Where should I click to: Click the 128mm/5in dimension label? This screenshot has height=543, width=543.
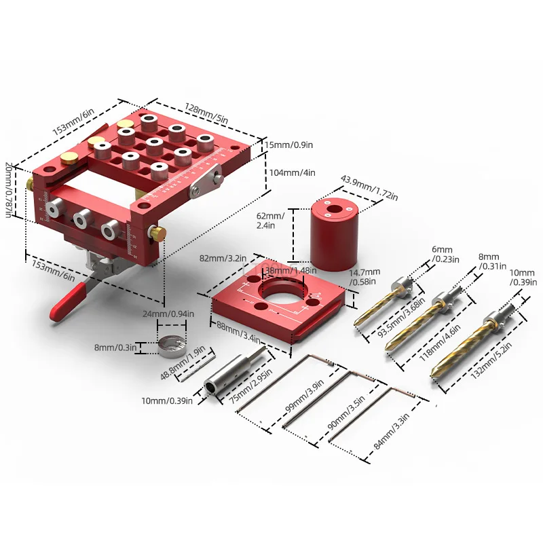206,113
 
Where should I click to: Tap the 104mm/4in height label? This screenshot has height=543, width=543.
293,172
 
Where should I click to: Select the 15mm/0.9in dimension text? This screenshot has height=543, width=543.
289,145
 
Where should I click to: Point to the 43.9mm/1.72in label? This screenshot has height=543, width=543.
369,188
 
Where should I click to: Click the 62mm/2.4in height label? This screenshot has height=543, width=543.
270,221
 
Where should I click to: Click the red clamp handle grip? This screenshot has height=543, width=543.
68,302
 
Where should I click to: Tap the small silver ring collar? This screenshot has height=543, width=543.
172,345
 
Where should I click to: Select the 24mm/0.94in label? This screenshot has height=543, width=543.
168,314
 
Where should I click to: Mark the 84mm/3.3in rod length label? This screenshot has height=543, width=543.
392,431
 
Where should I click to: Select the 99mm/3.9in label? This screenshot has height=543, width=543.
304,396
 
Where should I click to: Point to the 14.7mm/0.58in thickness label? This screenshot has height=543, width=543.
364,277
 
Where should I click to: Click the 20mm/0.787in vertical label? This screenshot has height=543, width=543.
9,190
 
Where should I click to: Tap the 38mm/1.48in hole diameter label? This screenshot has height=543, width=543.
291,270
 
